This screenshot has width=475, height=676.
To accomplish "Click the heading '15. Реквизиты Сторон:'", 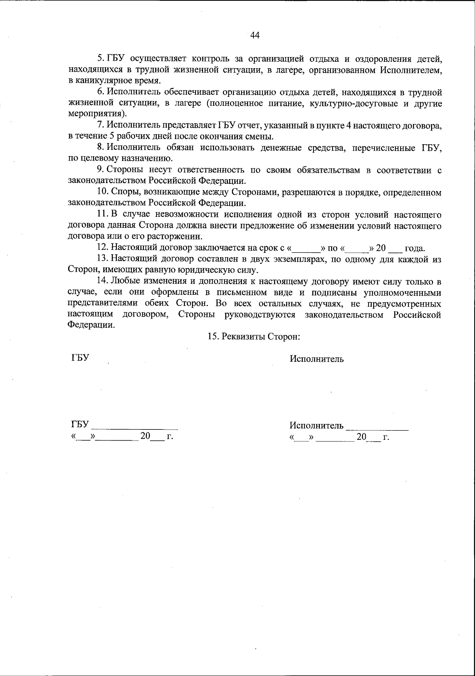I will click(x=253, y=336).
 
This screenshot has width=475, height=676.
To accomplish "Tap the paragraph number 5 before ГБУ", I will click(x=100, y=59).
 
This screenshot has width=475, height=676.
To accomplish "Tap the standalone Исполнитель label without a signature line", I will click(x=317, y=359).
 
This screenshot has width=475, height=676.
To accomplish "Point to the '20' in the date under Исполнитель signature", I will click(x=361, y=437).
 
